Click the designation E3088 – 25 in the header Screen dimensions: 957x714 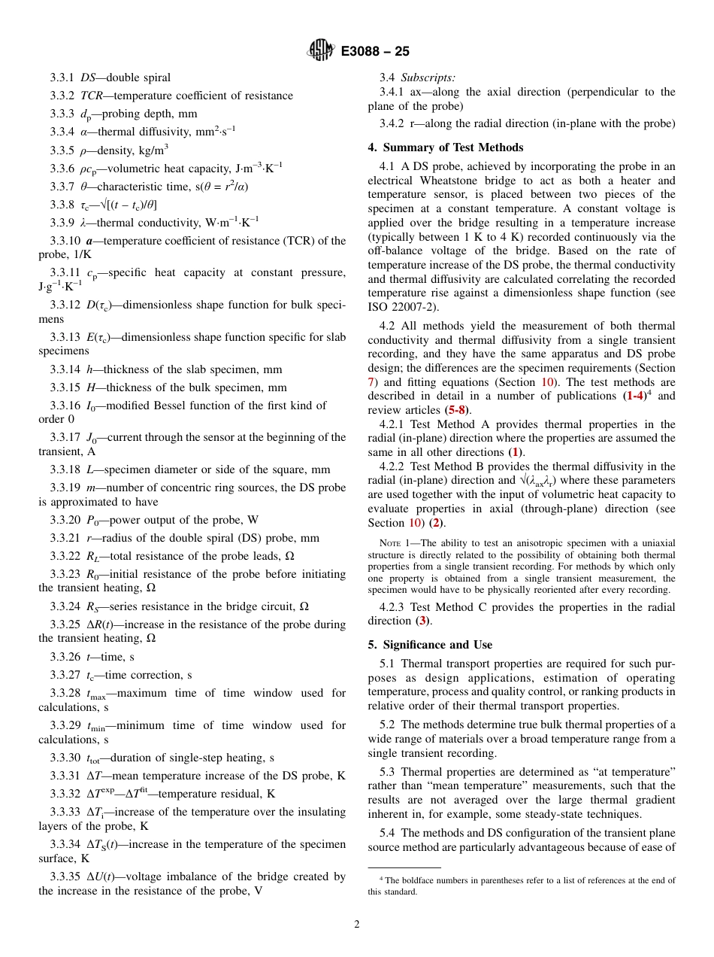[x=375, y=51]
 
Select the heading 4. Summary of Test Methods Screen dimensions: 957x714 [x=446, y=147]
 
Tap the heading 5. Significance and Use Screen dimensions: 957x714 [x=430, y=645]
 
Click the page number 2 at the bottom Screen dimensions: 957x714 [x=357, y=925]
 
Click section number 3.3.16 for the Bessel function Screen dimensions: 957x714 [x=66, y=406]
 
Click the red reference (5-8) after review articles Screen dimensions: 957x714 [x=456, y=411]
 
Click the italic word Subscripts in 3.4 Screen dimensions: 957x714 [x=428, y=77]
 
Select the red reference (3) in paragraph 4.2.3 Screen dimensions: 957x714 [x=425, y=621]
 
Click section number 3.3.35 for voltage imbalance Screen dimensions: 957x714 [x=66, y=876]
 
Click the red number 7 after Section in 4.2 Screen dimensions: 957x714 [x=371, y=382]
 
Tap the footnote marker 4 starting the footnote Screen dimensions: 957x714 [x=381, y=879]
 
